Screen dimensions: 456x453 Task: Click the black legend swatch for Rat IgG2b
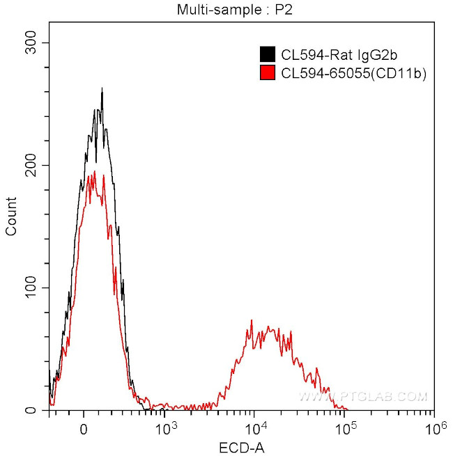[x=266, y=54]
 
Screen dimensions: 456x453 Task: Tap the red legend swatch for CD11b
[x=266, y=72]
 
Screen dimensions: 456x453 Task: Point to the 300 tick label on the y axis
[x=30, y=42]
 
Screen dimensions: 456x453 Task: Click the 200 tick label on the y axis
[x=30, y=165]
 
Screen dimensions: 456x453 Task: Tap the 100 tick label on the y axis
[x=30, y=288]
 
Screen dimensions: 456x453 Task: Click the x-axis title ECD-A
[x=241, y=446]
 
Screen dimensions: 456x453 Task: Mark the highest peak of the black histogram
[x=102, y=88]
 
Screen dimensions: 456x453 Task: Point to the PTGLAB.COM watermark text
[x=362, y=397]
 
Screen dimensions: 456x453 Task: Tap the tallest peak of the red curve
[x=104, y=174]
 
